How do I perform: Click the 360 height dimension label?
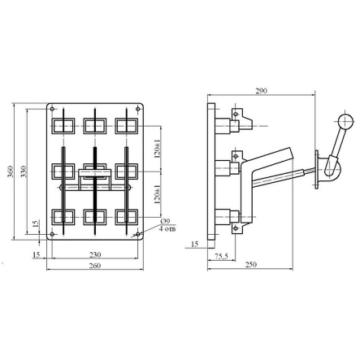tap(11, 171)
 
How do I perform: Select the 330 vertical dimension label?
tap(24, 171)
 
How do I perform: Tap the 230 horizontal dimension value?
tap(95, 254)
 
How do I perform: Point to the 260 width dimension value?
tap(95, 266)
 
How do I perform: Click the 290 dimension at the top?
tap(262, 91)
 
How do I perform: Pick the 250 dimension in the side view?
tap(251, 264)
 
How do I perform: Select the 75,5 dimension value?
tap(222, 256)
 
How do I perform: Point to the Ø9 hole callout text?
tap(165, 222)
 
